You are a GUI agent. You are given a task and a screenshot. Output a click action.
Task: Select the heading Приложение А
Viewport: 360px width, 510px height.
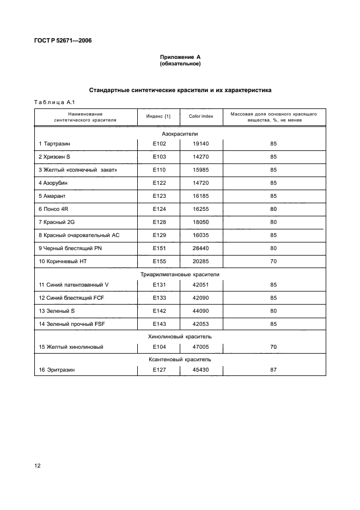(x=180, y=57)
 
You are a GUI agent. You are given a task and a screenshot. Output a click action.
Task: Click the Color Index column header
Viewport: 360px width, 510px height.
(x=201, y=117)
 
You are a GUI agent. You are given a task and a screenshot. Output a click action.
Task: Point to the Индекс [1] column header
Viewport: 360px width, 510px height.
(x=158, y=117)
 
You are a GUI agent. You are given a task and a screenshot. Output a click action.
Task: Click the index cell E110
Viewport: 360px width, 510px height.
(x=159, y=169)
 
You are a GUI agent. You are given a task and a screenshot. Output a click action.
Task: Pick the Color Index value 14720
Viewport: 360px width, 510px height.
(x=201, y=183)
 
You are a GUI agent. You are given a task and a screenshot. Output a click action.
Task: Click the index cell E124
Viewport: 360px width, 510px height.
(x=159, y=209)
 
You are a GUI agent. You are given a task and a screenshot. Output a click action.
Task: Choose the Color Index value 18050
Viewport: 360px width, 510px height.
(x=201, y=222)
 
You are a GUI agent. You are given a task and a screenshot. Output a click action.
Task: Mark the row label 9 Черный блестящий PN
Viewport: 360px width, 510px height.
(x=70, y=248)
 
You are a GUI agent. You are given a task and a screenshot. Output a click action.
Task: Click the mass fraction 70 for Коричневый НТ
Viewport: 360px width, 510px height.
(x=273, y=262)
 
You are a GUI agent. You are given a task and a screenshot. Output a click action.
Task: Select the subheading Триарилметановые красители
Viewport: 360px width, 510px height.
(x=180, y=275)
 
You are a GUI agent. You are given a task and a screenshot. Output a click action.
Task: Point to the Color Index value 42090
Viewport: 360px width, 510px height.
(x=201, y=298)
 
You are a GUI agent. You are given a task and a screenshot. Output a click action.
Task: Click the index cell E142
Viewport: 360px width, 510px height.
(x=159, y=311)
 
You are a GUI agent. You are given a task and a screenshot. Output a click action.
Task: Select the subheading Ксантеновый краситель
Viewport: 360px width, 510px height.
(x=180, y=360)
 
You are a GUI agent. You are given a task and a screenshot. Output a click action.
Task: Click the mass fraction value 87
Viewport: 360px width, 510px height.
(x=273, y=370)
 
